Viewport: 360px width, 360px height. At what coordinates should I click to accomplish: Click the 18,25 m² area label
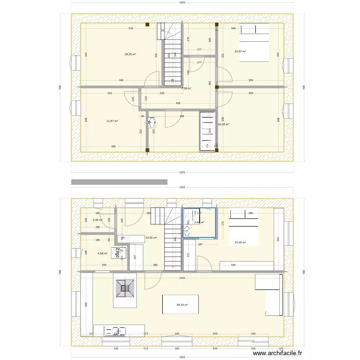point(130,54)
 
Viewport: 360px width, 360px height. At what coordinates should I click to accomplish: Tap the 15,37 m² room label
point(240,51)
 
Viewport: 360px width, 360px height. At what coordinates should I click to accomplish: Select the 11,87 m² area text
point(112,121)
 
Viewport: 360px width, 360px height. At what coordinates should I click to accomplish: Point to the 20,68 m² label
point(224,124)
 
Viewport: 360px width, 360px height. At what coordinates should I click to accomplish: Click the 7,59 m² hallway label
point(186,88)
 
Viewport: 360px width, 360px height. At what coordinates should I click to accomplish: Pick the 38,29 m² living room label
point(182,305)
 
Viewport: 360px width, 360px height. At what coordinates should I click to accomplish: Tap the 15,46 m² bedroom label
point(240,242)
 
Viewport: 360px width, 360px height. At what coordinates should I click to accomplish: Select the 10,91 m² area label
point(151,238)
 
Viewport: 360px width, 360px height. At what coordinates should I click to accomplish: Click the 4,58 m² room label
point(103,253)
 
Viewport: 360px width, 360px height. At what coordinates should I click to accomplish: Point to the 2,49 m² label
point(97,220)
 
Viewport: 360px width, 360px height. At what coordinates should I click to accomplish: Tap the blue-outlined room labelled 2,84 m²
point(199,223)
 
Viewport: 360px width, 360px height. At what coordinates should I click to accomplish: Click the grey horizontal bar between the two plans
point(119,182)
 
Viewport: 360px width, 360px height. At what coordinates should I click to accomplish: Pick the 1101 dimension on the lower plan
point(182,278)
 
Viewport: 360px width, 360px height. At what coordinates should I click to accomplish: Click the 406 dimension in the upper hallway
point(178,103)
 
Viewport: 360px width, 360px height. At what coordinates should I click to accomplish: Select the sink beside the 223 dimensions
point(152,124)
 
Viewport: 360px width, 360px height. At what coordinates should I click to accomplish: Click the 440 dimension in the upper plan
point(121,80)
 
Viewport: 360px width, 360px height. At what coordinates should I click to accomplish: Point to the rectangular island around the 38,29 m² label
point(181,304)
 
